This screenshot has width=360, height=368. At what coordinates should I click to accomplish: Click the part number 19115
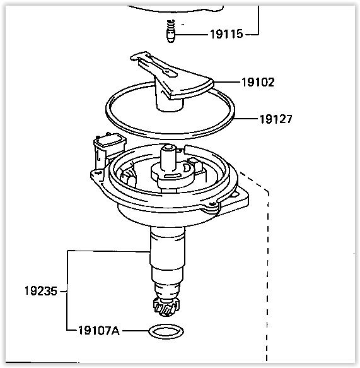pos(226,34)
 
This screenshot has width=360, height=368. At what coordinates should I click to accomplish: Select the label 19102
pos(258,83)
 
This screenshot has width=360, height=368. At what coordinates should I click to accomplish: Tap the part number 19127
pos(276,119)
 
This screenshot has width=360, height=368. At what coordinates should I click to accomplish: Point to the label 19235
pos(41,291)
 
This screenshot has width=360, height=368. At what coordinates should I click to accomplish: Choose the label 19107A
pos(99,331)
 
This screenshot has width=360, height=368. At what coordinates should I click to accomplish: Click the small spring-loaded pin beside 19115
pos(171,31)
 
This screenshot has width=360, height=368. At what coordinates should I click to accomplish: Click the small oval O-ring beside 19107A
pos(166,331)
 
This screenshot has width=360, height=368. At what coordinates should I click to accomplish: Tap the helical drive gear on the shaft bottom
pos(166,307)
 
